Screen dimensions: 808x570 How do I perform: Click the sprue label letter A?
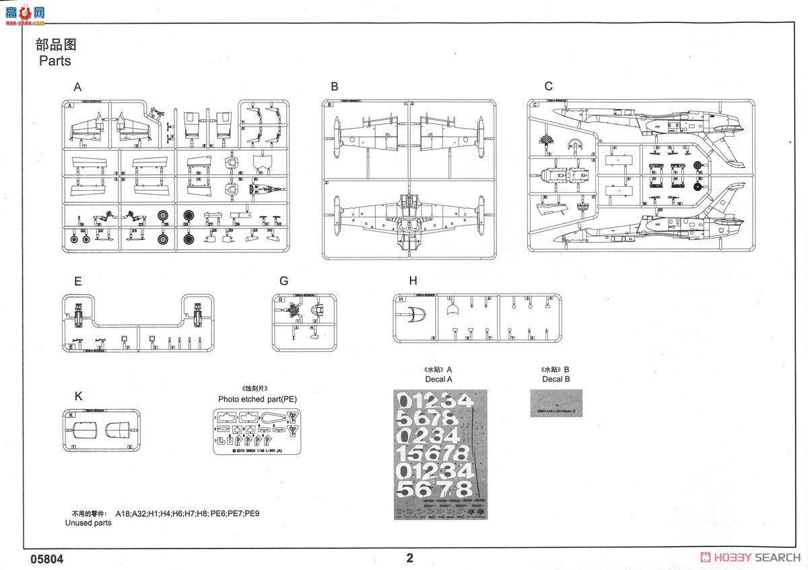pyautogui.click(x=77, y=87)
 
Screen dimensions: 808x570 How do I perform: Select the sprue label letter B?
pyautogui.click(x=334, y=86)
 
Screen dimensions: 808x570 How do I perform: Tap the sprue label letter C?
pyautogui.click(x=548, y=86)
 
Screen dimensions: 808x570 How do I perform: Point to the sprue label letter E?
pyautogui.click(x=77, y=282)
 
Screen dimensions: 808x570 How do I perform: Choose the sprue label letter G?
pyautogui.click(x=283, y=281)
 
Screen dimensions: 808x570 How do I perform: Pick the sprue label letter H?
pyautogui.click(x=413, y=281)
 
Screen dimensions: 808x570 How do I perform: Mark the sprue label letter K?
pyautogui.click(x=78, y=396)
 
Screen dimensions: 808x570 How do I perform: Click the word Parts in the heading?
pyautogui.click(x=55, y=61)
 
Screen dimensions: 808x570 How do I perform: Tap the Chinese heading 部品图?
pyautogui.click(x=56, y=45)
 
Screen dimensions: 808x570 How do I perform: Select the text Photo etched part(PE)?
pyautogui.click(x=257, y=399)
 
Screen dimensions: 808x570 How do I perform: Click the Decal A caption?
pyautogui.click(x=438, y=379)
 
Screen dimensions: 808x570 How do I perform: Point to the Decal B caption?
pyautogui.click(x=555, y=379)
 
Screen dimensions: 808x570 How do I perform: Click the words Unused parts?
pyautogui.click(x=88, y=522)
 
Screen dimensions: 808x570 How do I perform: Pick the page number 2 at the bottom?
pyautogui.click(x=409, y=558)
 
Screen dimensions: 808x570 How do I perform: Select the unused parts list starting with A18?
pyautogui.click(x=187, y=513)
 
